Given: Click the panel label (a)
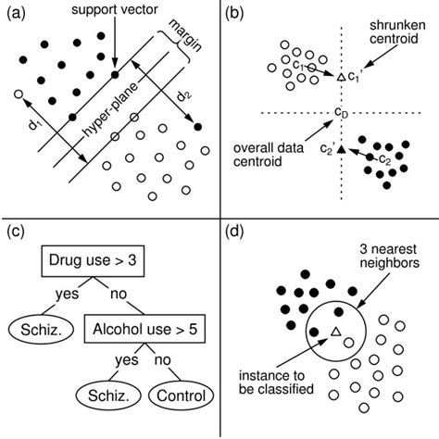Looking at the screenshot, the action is click(16, 14).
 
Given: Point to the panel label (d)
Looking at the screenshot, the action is click(234, 232).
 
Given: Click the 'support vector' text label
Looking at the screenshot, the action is click(115, 9).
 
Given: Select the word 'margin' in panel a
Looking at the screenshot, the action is click(185, 36).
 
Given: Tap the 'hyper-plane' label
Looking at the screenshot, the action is click(110, 109).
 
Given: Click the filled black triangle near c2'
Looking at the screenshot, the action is click(341, 149).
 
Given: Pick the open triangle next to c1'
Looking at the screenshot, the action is click(341, 77).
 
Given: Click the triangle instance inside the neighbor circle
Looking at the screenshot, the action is click(335, 332).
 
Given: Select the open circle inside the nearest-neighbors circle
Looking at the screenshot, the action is click(348, 343).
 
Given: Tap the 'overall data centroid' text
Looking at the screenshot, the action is click(269, 155).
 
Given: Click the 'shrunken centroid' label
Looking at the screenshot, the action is click(397, 32).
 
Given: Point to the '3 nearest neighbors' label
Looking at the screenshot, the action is click(390, 256).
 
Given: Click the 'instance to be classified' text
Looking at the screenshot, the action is click(276, 383).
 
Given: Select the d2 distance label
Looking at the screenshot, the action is click(183, 97).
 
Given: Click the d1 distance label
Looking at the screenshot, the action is click(34, 124).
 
